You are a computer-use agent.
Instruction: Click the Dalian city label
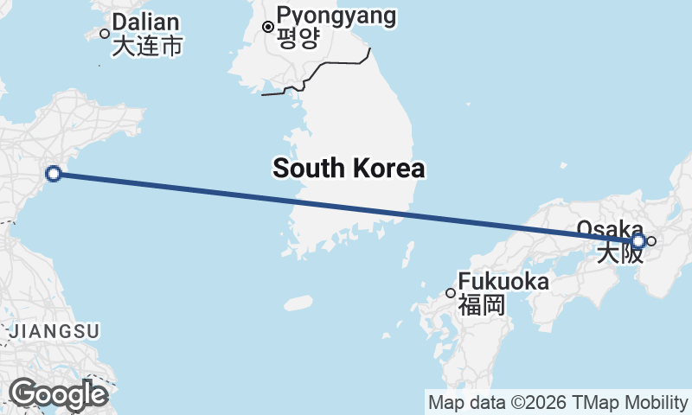point(145,22)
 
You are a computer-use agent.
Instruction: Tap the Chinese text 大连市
point(147,46)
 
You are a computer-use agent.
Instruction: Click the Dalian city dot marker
point(105,34)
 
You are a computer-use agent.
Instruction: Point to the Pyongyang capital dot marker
point(268,27)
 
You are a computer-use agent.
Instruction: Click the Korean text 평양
point(298,38)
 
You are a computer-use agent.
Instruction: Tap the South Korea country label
point(349,168)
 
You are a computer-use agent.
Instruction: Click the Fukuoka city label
point(503,282)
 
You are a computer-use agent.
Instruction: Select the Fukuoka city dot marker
point(451,293)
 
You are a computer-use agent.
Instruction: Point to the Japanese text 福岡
point(482,304)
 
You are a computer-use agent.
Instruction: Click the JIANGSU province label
point(54,330)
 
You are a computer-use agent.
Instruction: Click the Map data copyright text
point(557,403)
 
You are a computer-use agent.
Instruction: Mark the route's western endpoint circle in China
point(53,174)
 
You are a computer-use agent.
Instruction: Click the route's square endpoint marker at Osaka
point(638,241)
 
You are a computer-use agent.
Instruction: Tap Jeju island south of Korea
point(298,303)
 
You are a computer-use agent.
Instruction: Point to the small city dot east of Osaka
point(651,241)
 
